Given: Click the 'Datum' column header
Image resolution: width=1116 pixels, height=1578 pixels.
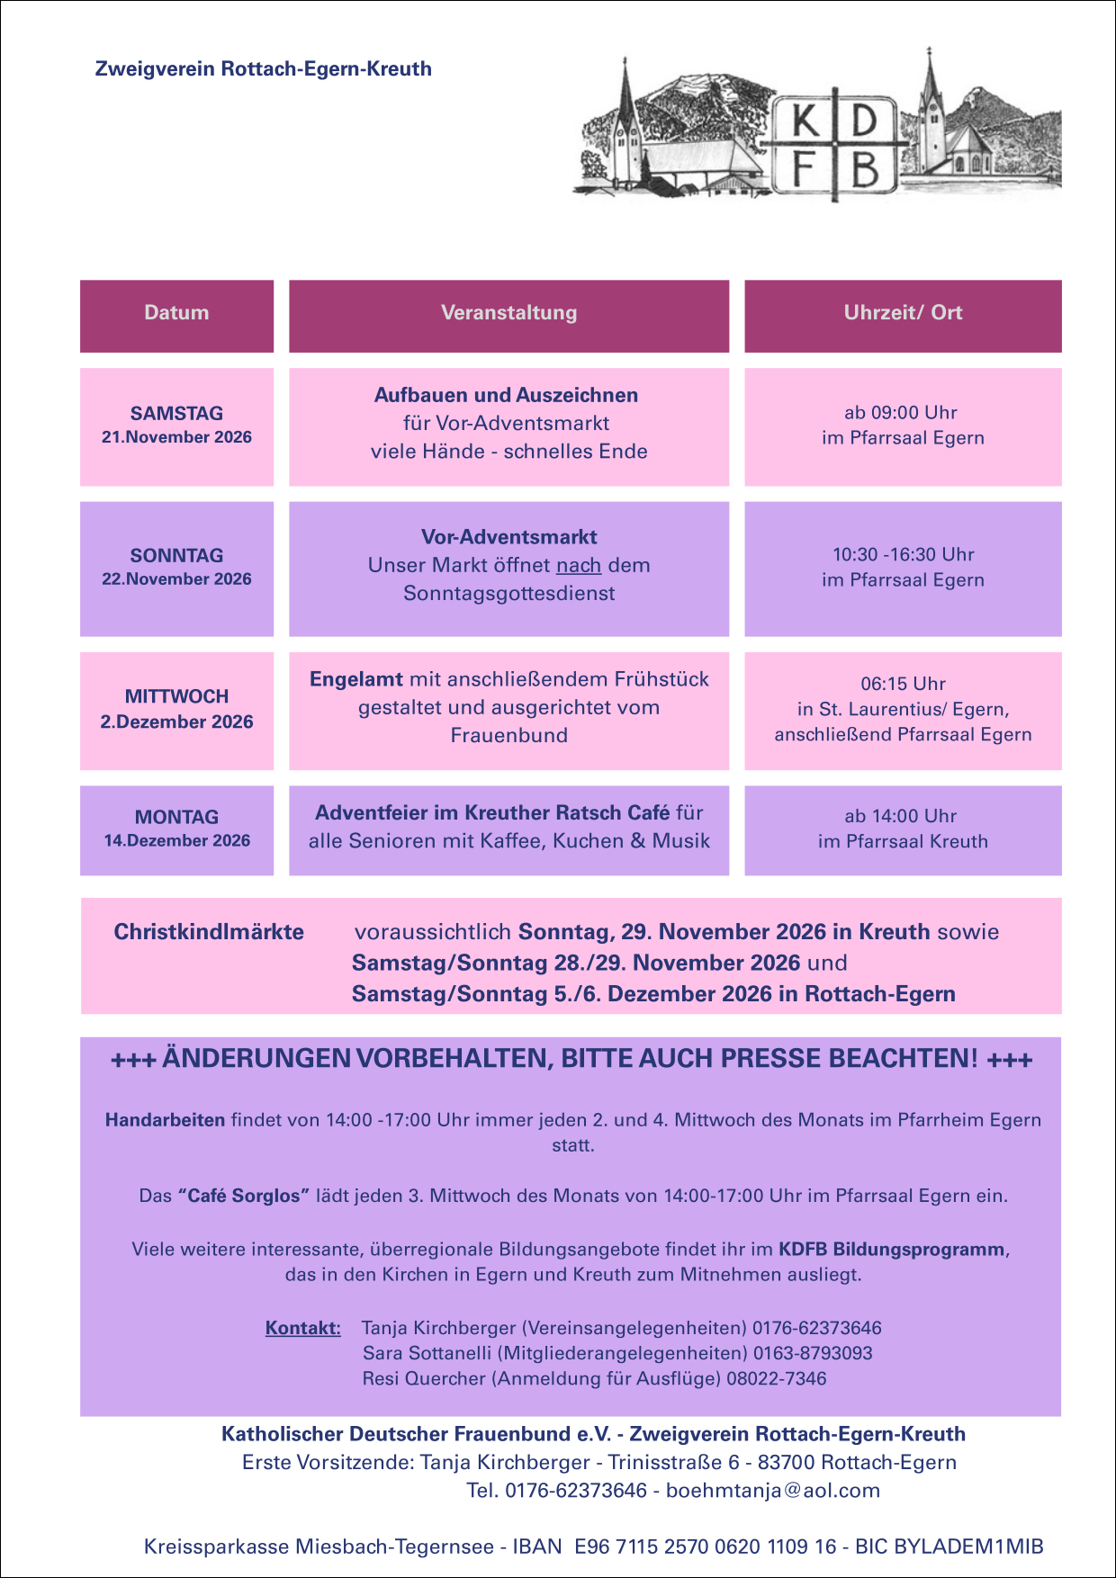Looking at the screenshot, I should click(x=176, y=313).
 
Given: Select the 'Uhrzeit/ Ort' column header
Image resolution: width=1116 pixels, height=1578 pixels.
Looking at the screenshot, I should click(x=903, y=313).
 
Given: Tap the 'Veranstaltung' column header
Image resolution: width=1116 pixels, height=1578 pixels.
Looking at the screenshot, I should click(x=508, y=313).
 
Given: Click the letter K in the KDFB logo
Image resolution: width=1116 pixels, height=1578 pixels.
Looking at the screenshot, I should click(x=806, y=122).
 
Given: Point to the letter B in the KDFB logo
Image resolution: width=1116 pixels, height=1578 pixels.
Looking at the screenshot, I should click(x=864, y=168).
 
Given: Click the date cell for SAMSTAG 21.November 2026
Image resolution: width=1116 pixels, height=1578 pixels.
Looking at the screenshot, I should click(x=176, y=426).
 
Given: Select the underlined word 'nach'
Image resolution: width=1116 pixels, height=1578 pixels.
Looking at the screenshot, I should click(x=579, y=566).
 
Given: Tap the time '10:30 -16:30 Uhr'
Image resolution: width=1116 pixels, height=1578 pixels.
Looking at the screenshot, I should click(x=903, y=555).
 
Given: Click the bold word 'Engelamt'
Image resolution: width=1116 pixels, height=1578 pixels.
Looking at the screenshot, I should click(x=356, y=679).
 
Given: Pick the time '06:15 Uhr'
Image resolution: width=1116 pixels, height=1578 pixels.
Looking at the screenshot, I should click(x=903, y=684).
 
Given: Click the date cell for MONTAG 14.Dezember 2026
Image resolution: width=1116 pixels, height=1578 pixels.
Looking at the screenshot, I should click(x=176, y=829).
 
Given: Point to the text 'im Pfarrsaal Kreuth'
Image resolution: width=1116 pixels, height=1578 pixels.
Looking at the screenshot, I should click(x=903, y=842).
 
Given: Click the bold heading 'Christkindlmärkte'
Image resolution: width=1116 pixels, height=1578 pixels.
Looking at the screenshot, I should click(x=209, y=932).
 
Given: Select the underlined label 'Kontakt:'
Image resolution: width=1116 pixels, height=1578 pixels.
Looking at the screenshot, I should click(x=303, y=1328).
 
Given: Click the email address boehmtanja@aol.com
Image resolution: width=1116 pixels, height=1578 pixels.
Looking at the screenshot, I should click(x=773, y=1491).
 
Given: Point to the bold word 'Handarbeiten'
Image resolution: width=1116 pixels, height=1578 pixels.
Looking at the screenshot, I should click(x=165, y=1120).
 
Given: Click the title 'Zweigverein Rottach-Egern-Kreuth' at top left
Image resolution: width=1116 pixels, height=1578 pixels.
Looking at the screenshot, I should click(x=264, y=69).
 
